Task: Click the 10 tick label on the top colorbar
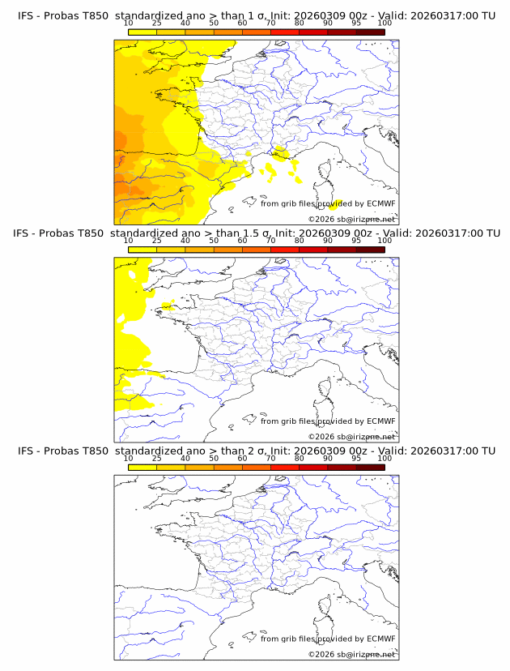129,24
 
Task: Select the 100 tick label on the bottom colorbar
385,459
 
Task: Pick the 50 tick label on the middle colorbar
214,241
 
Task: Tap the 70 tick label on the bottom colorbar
271,459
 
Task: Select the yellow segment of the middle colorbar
142,250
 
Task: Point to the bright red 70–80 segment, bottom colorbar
285,468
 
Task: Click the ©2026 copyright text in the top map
351,220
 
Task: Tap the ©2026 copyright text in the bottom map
351,654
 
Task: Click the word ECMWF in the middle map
380,421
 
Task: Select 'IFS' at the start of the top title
26,15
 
